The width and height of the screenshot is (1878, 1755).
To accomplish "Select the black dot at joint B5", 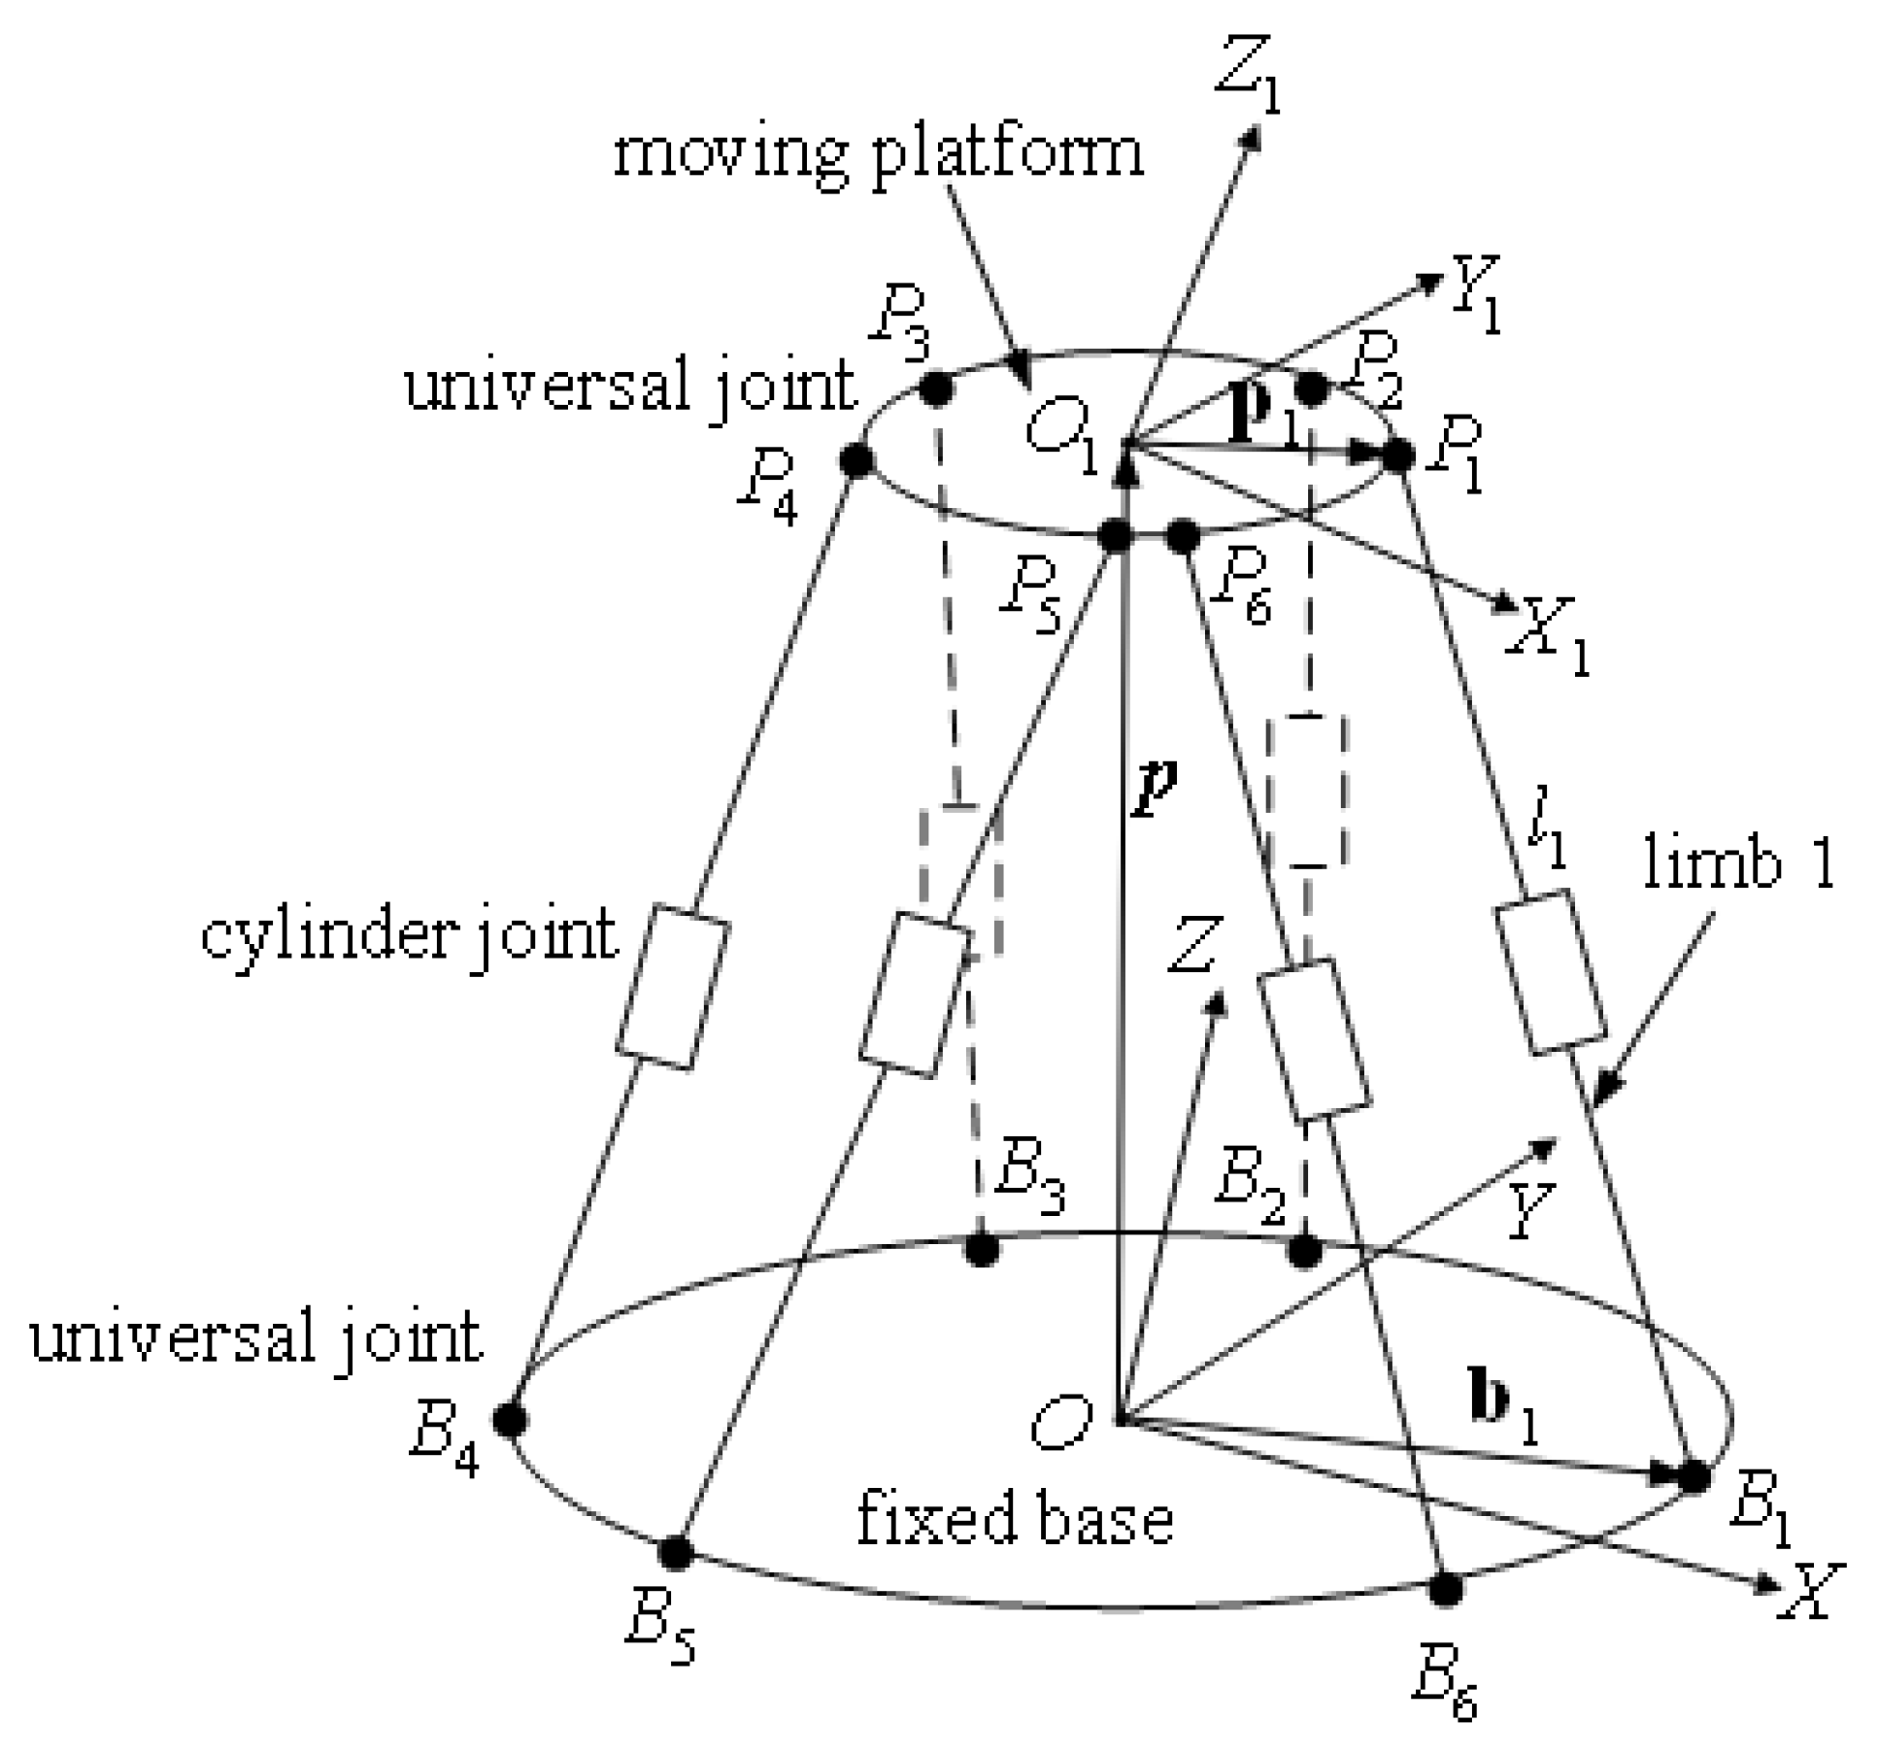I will point(675,1552).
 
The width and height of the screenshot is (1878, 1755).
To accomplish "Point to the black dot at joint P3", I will point(936,390).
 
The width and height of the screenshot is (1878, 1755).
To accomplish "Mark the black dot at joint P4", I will point(855,459).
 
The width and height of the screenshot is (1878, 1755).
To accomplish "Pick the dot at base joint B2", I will point(1304,1252).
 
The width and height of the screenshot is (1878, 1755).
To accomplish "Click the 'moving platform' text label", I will point(879,153).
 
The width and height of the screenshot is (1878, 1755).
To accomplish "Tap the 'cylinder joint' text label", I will point(409,936).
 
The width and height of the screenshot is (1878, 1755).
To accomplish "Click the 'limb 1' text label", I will point(1738,862).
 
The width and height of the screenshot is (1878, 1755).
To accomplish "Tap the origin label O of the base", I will point(1061,1425).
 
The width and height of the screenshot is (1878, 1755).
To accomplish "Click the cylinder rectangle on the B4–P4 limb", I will point(672,987).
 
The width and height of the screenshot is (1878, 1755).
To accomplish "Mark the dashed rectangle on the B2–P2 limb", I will point(1307,791).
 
